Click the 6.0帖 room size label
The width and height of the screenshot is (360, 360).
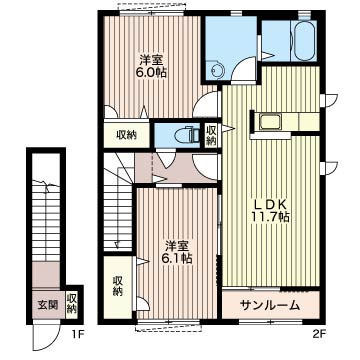click(152, 73)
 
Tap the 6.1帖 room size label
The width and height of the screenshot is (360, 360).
click(178, 258)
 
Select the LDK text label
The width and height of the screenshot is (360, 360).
click(270, 205)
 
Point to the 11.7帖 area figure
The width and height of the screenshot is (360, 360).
click(270, 217)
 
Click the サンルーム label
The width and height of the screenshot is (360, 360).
click(269, 305)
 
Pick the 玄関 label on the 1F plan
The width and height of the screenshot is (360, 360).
click(47, 304)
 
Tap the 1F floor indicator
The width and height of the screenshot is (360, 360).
click(79, 334)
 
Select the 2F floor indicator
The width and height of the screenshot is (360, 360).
click(318, 334)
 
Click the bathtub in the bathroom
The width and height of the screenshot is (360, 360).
click(304, 41)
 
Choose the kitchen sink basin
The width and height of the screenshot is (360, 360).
click(270, 122)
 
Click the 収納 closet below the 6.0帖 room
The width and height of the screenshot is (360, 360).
click(127, 135)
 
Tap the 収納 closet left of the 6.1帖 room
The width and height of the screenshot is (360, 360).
click(118, 286)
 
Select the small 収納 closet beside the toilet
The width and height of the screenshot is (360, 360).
click(211, 135)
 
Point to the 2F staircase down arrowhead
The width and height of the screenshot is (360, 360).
click(117, 245)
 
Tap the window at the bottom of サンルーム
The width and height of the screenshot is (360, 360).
click(271, 322)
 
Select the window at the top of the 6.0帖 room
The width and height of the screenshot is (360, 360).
click(152, 13)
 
